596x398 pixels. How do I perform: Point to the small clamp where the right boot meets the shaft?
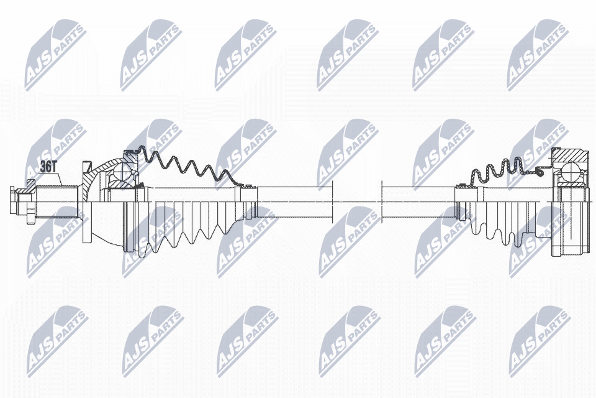[x=463, y=185]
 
